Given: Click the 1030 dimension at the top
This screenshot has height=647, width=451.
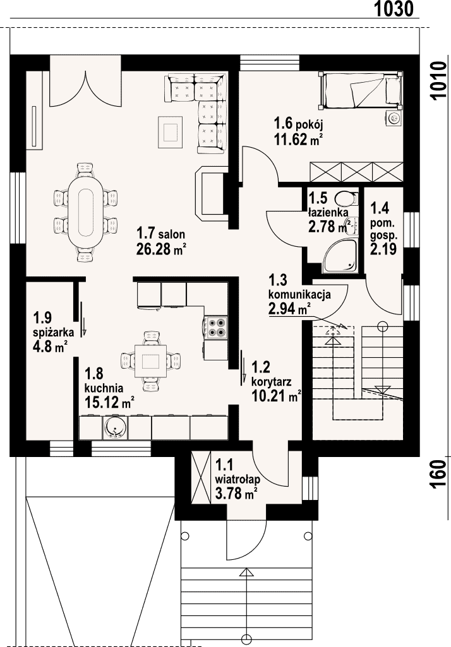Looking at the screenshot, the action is [393, 9].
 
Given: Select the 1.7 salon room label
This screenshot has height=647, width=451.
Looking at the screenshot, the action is [161, 234].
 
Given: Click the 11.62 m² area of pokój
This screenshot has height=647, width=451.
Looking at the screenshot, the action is [298, 139].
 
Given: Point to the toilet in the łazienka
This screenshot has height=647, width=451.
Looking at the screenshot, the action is [346, 199].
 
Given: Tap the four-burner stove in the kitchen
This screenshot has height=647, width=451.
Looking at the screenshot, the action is [216, 327].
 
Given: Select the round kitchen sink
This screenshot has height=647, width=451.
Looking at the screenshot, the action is [114, 428].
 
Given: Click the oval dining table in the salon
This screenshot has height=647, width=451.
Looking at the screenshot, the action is [85, 211].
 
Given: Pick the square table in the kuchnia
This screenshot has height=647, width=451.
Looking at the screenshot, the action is [151, 361].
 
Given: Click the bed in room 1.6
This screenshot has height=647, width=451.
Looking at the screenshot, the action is [361, 90].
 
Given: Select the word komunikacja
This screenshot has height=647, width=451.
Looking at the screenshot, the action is [299, 295].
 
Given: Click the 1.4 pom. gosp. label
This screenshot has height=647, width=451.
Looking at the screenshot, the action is [383, 228].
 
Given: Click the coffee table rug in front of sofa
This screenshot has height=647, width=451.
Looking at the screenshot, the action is [170, 132].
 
